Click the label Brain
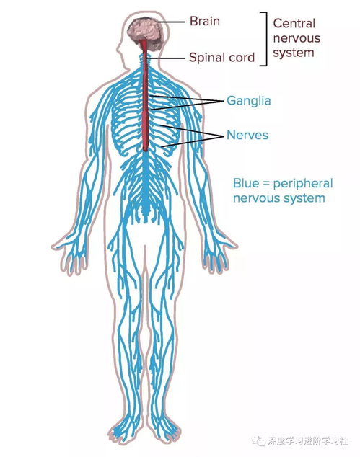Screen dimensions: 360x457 coord(204,22)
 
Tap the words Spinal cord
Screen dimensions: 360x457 coord(221,58)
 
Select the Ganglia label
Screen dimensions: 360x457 coord(249,101)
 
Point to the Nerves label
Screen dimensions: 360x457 coord(247,135)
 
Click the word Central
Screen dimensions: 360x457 coord(294,24)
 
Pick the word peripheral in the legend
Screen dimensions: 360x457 coord(303,184)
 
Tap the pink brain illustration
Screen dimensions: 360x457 coord(145,33)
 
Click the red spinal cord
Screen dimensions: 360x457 coord(145,96)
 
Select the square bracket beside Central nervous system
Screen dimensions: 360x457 coord(266,39)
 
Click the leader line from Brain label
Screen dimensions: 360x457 coord(172,22)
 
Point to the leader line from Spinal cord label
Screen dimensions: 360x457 coord(166,58)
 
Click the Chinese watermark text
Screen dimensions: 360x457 coord(308,441)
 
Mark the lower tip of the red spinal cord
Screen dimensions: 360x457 coord(145,151)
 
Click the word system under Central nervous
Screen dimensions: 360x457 coord(294,53)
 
